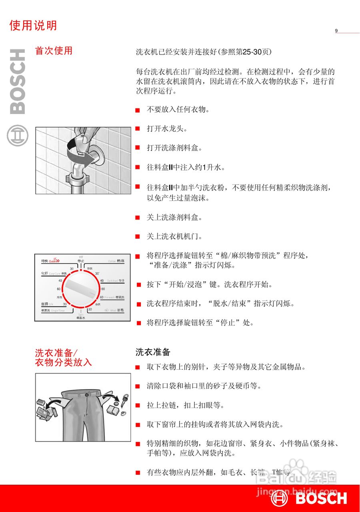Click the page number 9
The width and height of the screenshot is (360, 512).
point(336,31)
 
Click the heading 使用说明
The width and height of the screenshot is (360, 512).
point(33,26)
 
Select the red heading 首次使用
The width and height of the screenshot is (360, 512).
point(54,51)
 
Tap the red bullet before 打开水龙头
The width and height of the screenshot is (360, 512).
point(137,128)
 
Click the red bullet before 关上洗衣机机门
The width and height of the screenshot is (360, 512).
point(137,236)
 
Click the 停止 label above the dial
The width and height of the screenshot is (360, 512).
point(81,260)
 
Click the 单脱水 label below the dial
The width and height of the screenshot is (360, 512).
point(81,318)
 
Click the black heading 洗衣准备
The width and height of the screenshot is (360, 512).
point(153,352)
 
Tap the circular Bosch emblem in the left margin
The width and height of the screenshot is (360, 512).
point(18,135)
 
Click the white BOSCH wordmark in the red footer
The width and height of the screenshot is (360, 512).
point(321,498)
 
